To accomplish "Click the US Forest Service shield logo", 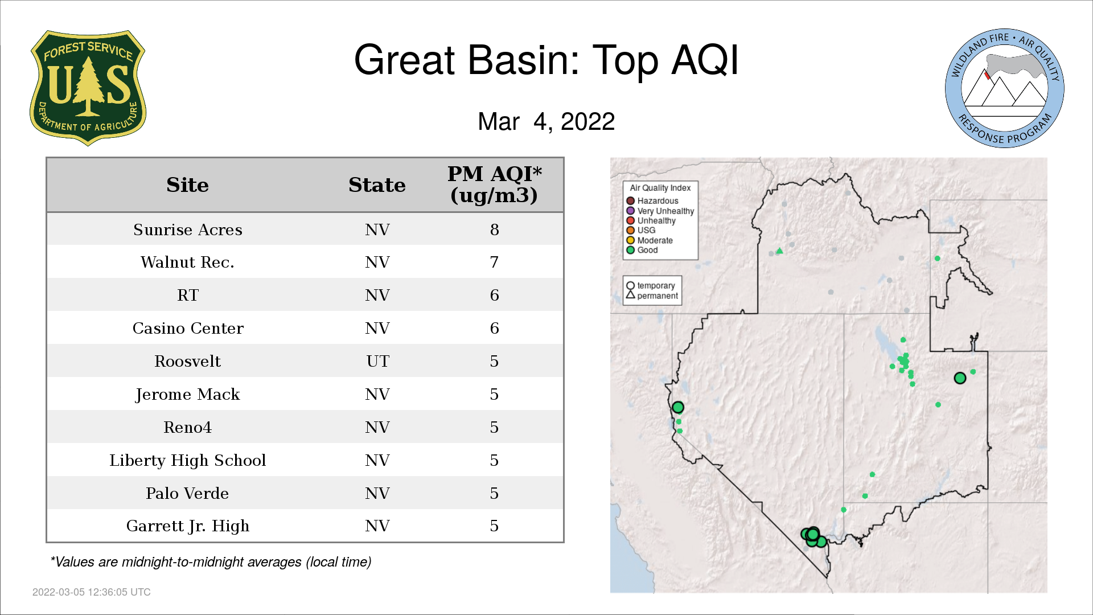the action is [x=88, y=88].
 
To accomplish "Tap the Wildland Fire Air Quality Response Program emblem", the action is [x=1005, y=88].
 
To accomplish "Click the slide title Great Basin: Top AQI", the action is [x=546, y=60].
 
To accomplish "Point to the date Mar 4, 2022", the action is [x=546, y=121].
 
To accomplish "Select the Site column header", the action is [x=187, y=185].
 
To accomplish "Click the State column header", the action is [x=377, y=185].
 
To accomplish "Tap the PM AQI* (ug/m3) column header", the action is [x=494, y=184].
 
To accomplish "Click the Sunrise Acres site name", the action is [x=188, y=229].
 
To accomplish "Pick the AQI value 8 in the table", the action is [x=494, y=229].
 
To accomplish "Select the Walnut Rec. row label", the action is [x=187, y=263].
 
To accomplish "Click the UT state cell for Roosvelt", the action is [x=377, y=361].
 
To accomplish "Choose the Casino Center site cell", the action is [x=188, y=329].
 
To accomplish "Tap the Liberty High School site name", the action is [x=187, y=460].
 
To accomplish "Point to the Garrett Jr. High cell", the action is [x=188, y=526].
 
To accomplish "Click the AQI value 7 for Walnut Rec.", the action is [x=494, y=263].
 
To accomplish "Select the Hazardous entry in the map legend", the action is [x=652, y=201].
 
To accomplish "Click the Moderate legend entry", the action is [x=650, y=240].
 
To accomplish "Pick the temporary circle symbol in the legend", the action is [x=630, y=285].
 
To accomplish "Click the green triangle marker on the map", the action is [x=780, y=251].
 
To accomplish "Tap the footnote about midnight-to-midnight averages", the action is [x=211, y=562].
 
